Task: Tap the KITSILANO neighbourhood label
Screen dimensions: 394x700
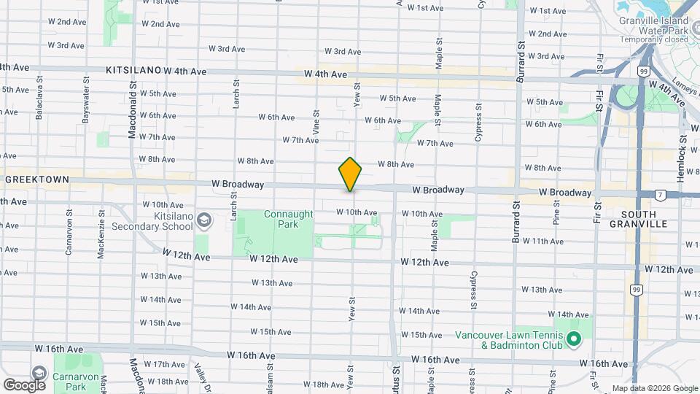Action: click(x=133, y=70)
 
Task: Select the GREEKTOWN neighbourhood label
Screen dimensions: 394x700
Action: click(x=36, y=179)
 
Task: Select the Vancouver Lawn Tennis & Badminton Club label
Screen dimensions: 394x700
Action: click(x=508, y=341)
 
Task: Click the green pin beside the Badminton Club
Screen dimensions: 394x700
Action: click(x=574, y=339)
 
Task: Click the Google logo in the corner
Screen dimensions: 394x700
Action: click(x=24, y=385)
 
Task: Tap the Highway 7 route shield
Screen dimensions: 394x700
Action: click(x=660, y=195)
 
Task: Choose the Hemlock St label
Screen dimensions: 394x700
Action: click(x=683, y=147)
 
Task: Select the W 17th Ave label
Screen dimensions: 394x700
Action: click(x=164, y=364)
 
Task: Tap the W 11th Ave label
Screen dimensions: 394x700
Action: click(x=544, y=241)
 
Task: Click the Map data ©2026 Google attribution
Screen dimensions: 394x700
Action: click(x=655, y=388)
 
